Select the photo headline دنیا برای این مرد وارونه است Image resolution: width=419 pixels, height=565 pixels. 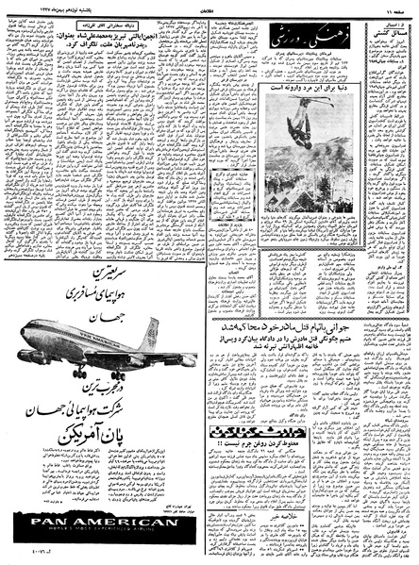(x=307, y=91)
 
